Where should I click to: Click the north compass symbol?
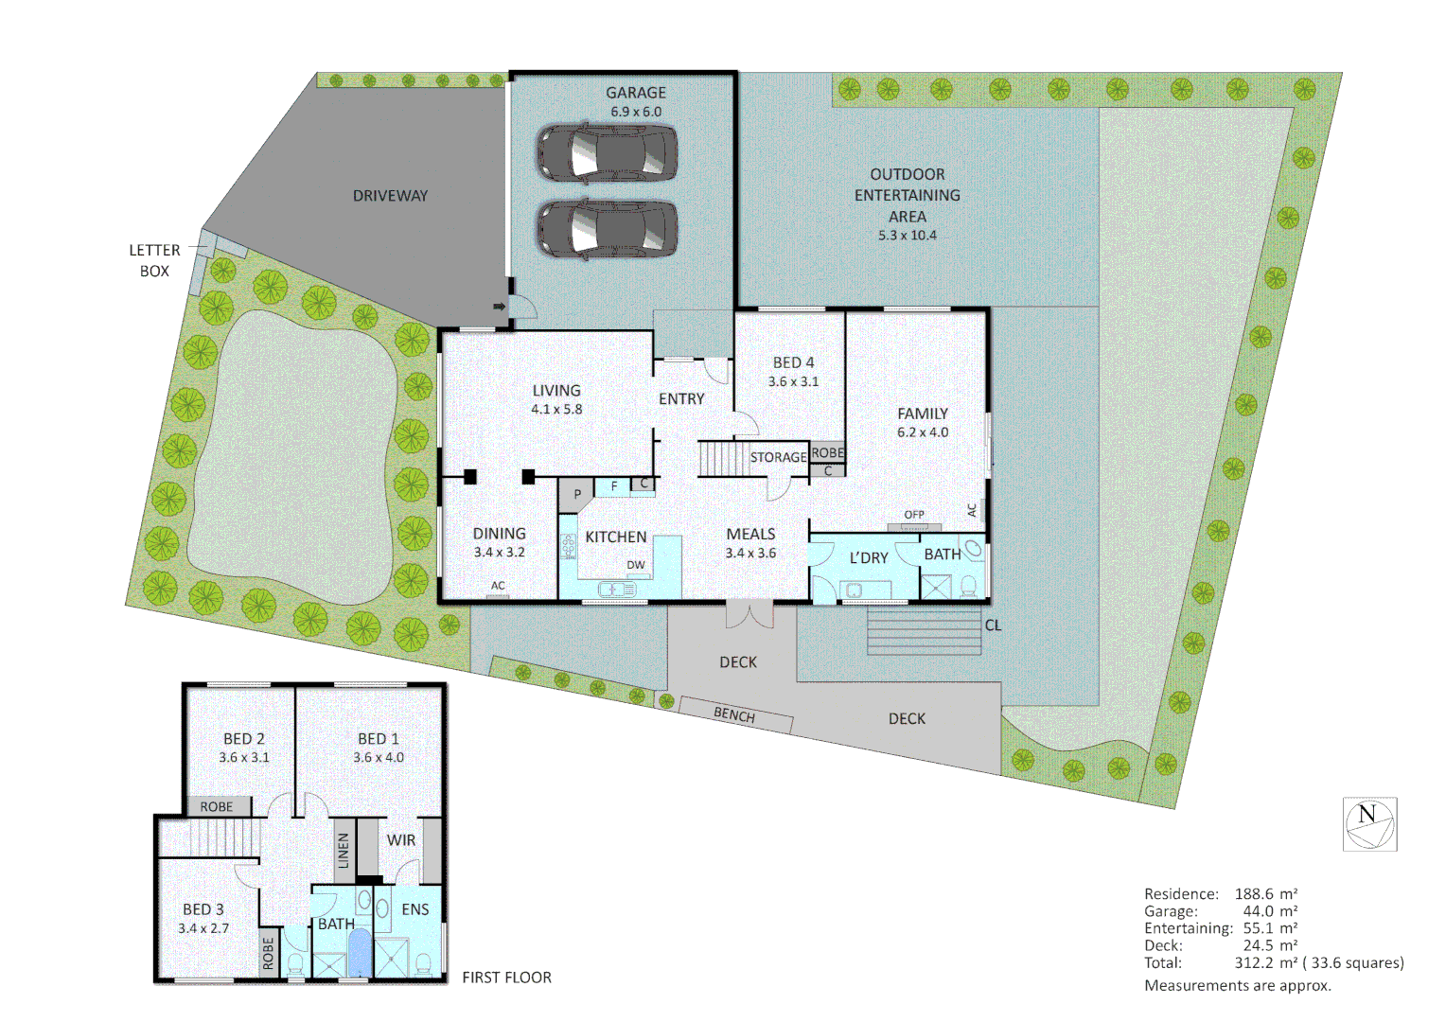pyautogui.click(x=1369, y=823)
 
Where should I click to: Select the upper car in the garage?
pyautogui.click(x=608, y=153)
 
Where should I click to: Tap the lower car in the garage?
pyautogui.click(x=608, y=229)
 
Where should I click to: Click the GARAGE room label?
pyautogui.click(x=636, y=93)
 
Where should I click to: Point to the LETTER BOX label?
pyautogui.click(x=154, y=260)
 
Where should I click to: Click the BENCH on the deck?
pyautogui.click(x=735, y=714)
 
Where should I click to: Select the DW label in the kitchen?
pyautogui.click(x=636, y=565)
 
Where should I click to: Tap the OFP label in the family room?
pyautogui.click(x=914, y=515)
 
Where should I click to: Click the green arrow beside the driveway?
pyautogui.click(x=499, y=307)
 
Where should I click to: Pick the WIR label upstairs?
pyautogui.click(x=401, y=840)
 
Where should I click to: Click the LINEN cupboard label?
pyautogui.click(x=344, y=850)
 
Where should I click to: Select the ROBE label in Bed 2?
pyautogui.click(x=217, y=807)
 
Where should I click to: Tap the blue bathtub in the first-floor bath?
pyautogui.click(x=361, y=952)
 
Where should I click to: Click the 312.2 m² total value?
pyautogui.click(x=1266, y=963)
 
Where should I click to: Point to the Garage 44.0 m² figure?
pyautogui.click(x=1270, y=911)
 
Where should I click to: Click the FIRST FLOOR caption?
pyautogui.click(x=506, y=978)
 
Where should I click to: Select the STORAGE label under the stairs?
pyautogui.click(x=778, y=457)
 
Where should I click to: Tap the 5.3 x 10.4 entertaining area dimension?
pyautogui.click(x=907, y=236)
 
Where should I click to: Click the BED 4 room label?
pyautogui.click(x=793, y=362)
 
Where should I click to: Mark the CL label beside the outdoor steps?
pyautogui.click(x=993, y=626)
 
